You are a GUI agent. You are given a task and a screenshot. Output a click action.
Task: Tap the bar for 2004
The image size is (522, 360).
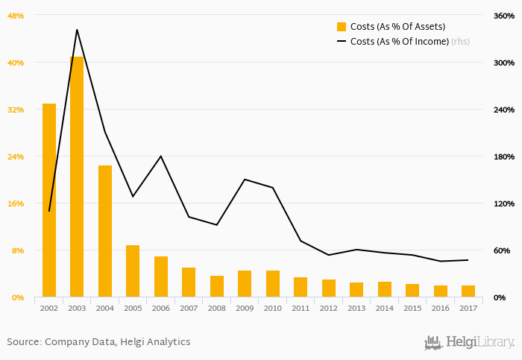coord(105,231)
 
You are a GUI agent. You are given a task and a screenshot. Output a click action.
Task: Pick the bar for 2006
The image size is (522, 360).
coord(161,277)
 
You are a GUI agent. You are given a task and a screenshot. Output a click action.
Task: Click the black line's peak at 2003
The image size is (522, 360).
coord(77,30)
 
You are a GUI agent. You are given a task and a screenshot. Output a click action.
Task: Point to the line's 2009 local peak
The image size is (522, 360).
coord(245,179)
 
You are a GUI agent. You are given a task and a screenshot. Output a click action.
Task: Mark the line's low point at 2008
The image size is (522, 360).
coord(216,225)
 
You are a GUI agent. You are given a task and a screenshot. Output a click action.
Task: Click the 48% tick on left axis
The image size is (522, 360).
coord(16,16)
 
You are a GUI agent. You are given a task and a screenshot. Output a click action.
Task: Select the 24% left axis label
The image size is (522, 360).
coord(16,157)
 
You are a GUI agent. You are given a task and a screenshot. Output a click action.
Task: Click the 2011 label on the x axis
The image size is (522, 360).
coord(301,308)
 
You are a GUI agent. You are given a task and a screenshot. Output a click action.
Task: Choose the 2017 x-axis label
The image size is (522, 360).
coord(468,308)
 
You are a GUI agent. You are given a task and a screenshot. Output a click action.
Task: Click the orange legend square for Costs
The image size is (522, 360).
coord(342,27)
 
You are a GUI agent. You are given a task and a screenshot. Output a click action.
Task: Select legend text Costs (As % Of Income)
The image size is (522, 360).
coord(399,42)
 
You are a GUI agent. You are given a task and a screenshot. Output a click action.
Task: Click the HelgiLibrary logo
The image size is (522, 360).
coord(469,342)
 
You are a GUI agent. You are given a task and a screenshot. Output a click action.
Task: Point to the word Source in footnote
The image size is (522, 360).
coord(24,342)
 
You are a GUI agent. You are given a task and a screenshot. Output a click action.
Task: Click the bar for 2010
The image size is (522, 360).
coord(273,283)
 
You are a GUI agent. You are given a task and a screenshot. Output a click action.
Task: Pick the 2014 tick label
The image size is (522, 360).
coord(385,308)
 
